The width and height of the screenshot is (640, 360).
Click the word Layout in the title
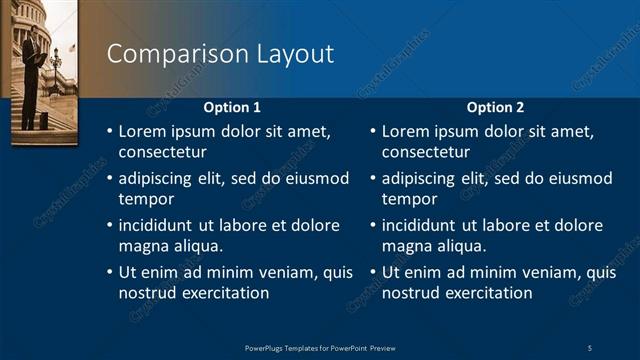pos(289,54)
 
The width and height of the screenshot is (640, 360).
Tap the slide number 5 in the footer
pos(589,347)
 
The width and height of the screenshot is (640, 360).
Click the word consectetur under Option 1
pos(162,153)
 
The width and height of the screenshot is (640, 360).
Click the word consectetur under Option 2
pos(425,153)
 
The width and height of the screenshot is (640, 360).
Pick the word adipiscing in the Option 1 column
pos(158,179)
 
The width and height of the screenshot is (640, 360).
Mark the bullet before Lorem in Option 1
pos(110,132)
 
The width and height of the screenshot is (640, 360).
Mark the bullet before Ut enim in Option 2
pos(373,272)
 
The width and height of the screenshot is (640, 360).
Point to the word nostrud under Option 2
pos(410,293)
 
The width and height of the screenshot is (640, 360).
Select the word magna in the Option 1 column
pos(142,246)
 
